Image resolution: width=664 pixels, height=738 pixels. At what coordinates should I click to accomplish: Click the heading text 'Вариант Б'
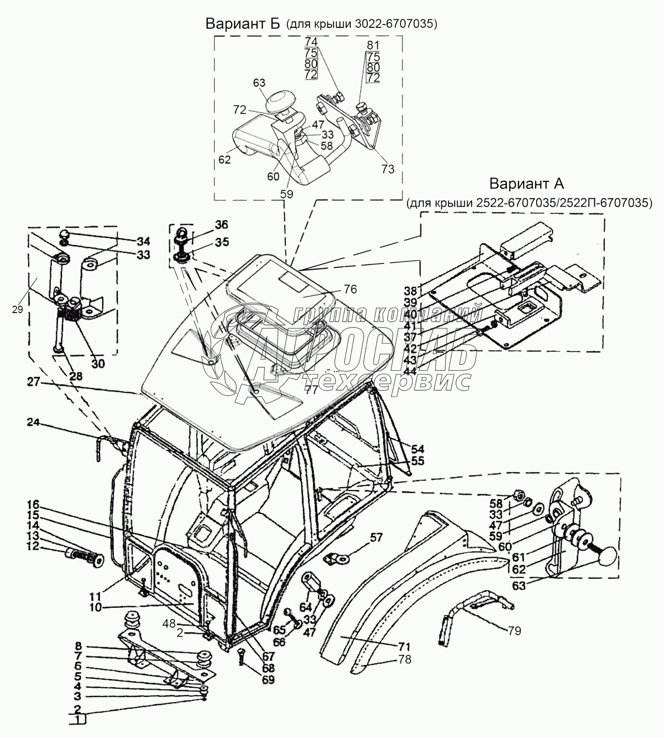click(243, 23)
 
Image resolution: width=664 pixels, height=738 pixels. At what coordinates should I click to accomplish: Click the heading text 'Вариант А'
click(526, 183)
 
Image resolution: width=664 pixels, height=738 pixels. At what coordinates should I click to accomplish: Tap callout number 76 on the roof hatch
click(350, 289)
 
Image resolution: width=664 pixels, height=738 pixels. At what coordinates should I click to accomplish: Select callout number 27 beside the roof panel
click(33, 382)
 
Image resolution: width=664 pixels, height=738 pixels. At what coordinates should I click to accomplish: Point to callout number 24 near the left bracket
click(33, 423)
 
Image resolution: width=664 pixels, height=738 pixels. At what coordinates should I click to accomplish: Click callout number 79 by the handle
click(514, 631)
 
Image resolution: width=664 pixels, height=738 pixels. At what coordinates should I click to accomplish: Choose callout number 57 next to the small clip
click(376, 538)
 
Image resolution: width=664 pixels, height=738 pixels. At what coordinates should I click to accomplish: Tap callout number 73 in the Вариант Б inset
click(388, 169)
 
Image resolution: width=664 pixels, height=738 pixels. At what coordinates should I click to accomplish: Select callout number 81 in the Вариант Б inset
click(373, 45)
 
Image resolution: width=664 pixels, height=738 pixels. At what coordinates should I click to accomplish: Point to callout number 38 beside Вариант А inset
click(411, 291)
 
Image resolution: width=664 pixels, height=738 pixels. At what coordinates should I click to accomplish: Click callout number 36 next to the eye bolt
click(222, 225)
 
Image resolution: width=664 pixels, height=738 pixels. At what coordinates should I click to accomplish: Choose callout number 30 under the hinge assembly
click(97, 363)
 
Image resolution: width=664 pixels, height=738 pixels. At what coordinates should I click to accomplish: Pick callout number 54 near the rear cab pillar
click(418, 449)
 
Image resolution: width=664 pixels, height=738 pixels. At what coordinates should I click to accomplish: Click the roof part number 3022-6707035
click(394, 24)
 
